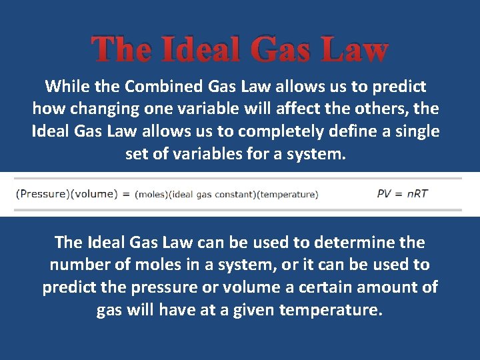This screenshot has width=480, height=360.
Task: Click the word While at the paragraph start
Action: [x=64, y=86]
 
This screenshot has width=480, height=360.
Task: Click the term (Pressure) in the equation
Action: [x=42, y=194]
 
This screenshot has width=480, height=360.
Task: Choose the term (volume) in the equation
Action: [x=93, y=194]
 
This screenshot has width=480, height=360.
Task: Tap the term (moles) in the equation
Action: [x=151, y=195]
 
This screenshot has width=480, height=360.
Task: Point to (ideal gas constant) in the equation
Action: [x=212, y=195]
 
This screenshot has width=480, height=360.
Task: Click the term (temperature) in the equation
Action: [x=287, y=195]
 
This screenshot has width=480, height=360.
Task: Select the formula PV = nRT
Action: [x=402, y=193]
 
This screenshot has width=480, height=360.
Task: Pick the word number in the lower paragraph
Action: [x=79, y=265]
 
